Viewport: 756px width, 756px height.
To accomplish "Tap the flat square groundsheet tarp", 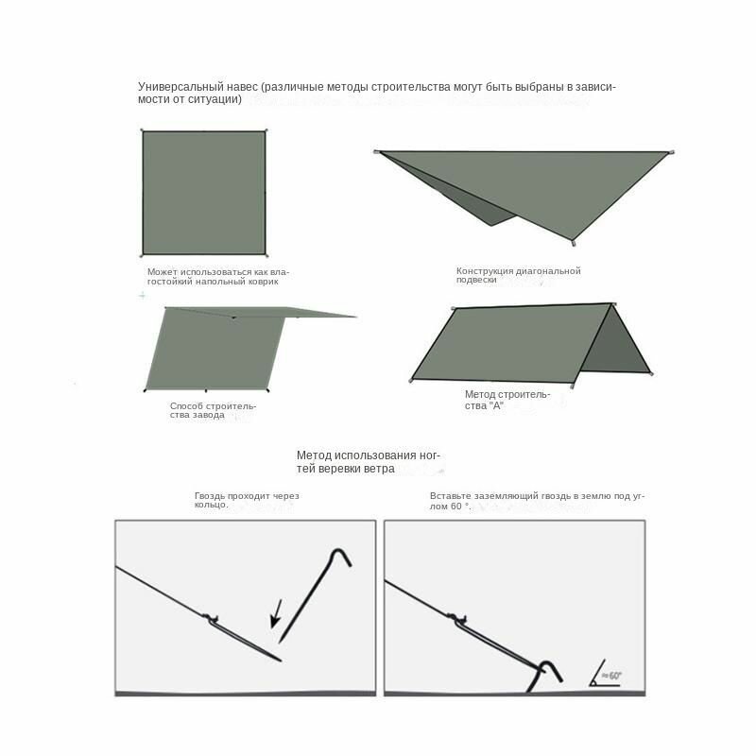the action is coord(204,193).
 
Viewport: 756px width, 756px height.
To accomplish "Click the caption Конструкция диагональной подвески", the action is coord(518,275).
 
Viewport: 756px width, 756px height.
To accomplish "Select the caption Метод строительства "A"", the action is coord(507,400).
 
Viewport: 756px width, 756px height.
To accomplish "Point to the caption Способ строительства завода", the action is coord(213,410).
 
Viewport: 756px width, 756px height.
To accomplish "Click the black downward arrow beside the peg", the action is coord(276,613).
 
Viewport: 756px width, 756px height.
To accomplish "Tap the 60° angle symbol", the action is coord(606,673).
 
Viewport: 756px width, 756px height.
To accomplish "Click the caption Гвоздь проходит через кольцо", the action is coord(247,500).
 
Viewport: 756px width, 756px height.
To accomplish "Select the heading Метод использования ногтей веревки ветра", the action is coord(369,462).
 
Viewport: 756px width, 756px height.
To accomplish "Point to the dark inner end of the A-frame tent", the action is coord(618,342).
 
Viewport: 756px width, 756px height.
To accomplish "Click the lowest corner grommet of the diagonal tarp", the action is coord(574,243).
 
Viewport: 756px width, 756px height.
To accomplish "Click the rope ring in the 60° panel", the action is coord(457,618).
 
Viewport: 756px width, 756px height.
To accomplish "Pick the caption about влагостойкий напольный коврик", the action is coord(218,277).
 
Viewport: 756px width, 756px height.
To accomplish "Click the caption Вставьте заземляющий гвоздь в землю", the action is coord(537,501).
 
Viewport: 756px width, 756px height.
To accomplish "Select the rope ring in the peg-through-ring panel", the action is coord(211,618).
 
